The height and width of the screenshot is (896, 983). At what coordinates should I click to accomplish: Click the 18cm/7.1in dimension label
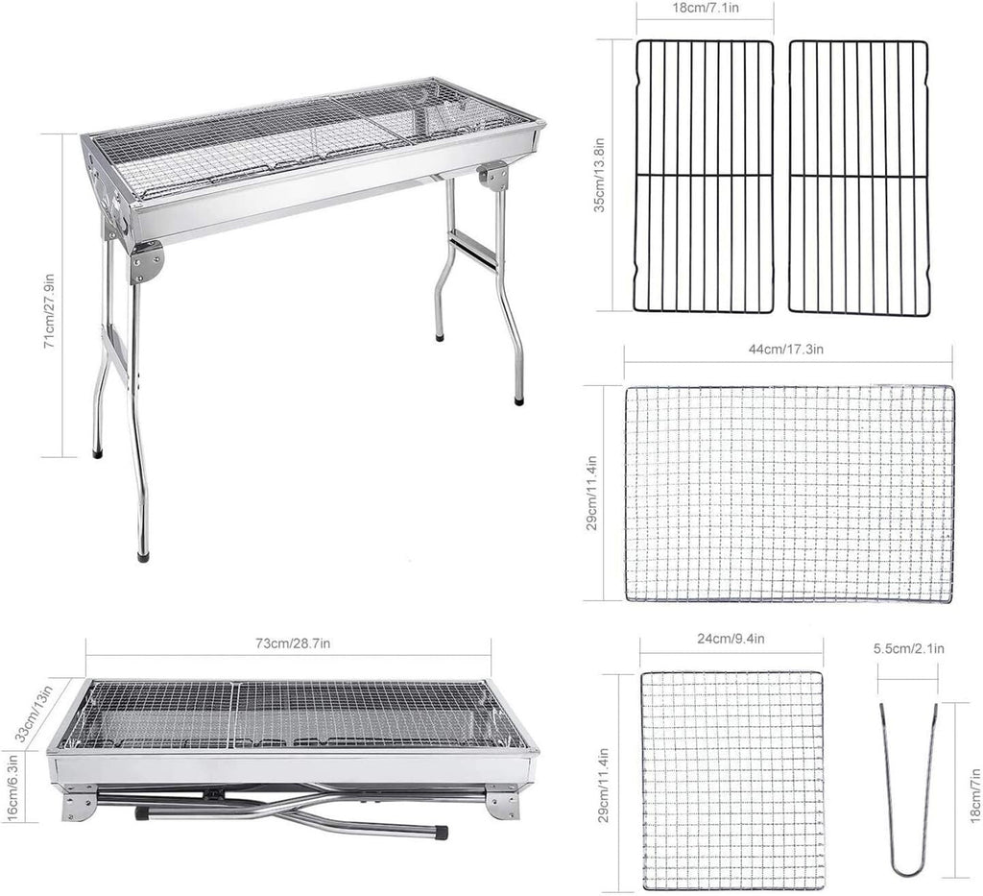pos(706,8)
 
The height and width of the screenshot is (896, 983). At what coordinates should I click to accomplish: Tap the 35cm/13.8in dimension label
pos(600,175)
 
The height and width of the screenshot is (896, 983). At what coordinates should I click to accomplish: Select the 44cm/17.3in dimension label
pos(787,350)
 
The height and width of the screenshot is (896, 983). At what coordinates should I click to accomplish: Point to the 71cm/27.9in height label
pos(50,311)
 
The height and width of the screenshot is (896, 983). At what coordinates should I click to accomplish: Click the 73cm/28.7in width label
pos(294,643)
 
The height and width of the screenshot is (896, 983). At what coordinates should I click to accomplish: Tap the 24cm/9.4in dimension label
pos(731,640)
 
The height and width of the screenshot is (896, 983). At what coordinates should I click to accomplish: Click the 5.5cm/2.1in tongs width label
pos(909,649)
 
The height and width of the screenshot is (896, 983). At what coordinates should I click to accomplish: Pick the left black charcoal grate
pos(705,176)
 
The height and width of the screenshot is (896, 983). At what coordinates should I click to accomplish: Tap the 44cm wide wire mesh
pos(790,494)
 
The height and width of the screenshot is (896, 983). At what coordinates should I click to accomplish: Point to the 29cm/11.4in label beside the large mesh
pos(591,493)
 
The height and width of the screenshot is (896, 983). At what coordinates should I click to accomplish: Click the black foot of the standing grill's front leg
pos(143,555)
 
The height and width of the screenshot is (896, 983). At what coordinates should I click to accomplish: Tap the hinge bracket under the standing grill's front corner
pos(147,261)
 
